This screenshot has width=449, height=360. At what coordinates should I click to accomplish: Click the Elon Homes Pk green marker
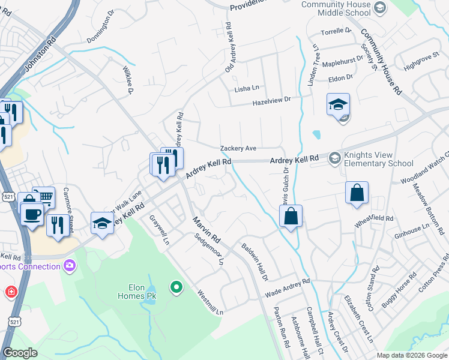[x=176, y=288]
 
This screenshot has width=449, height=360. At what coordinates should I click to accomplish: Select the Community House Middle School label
[x=336, y=8]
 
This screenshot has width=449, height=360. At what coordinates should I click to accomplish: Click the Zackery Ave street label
[x=238, y=148]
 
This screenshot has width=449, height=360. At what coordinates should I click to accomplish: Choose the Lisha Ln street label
[x=247, y=88]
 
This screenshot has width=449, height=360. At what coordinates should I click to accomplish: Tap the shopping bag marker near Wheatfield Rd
[x=357, y=193]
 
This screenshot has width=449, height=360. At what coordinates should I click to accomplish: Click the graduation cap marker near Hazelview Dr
[x=338, y=104]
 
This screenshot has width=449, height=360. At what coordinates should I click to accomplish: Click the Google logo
[x=20, y=353]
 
